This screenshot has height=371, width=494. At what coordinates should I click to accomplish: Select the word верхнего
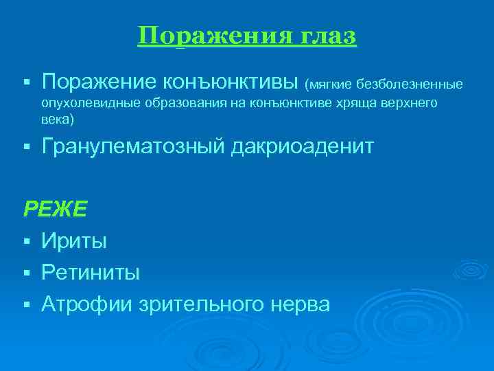point(399,103)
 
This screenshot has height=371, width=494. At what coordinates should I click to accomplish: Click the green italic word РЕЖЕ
point(56,209)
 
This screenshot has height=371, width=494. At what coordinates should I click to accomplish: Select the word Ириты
point(74,240)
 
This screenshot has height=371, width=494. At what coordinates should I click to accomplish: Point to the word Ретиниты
point(91,272)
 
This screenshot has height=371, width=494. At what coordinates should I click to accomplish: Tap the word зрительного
point(202,304)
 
